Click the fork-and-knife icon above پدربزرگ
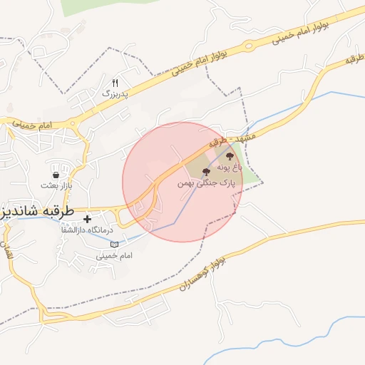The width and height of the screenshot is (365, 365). (115, 83)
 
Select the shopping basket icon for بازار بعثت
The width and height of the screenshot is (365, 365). (56, 175)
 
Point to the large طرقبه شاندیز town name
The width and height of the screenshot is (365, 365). (30, 211)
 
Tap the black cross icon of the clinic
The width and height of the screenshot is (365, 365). (87, 219)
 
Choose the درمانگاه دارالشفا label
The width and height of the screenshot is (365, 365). (83, 231)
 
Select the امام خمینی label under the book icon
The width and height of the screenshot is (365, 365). (114, 255)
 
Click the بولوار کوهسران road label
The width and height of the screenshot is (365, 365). (214, 272)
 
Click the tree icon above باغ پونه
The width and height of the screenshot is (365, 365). (230, 155)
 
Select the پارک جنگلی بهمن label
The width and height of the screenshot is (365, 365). (206, 183)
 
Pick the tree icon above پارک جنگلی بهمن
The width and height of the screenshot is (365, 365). (206, 173)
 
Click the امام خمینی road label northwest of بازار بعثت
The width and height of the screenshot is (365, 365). (31, 125)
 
